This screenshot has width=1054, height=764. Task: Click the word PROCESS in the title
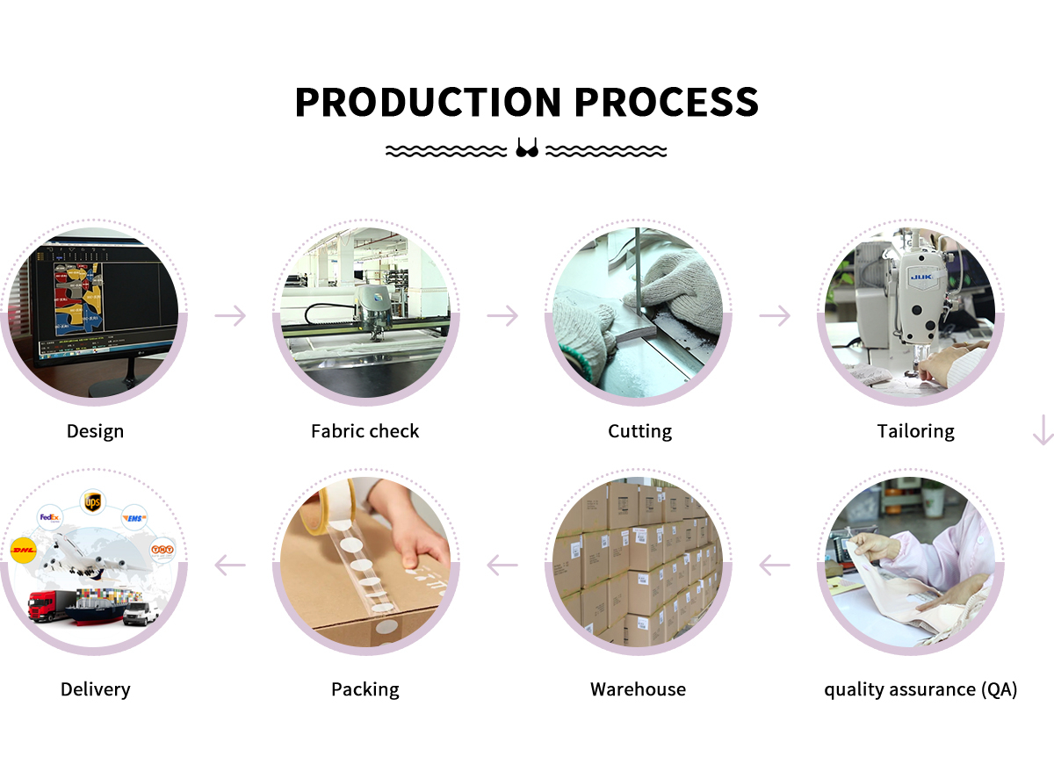click(x=667, y=103)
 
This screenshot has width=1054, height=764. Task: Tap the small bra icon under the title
click(x=527, y=148)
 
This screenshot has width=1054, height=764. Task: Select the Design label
click(x=95, y=431)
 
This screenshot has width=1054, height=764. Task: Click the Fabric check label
click(x=365, y=431)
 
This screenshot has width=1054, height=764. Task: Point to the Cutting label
click(x=639, y=431)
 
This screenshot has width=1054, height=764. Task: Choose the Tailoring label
click(x=915, y=431)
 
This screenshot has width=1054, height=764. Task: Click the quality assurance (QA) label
click(x=920, y=689)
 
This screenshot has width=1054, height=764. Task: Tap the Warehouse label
click(x=638, y=689)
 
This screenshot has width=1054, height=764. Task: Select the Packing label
click(x=365, y=689)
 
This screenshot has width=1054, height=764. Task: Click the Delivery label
click(x=95, y=689)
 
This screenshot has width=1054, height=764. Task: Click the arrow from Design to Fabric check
click(x=231, y=315)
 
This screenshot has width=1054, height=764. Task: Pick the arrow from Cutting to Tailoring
click(x=775, y=315)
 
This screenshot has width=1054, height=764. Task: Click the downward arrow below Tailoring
click(x=1043, y=430)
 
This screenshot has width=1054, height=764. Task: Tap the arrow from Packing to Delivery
click(x=231, y=565)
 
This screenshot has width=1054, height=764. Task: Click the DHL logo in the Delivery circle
click(x=23, y=551)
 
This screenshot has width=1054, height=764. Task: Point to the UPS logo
click(x=91, y=501)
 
